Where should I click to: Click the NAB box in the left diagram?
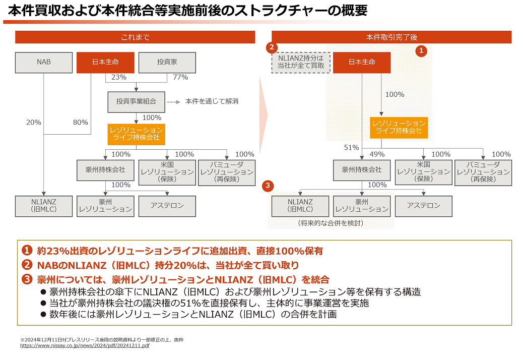(x=44, y=63)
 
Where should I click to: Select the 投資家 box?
(x=167, y=63)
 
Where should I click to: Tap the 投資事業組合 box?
(x=136, y=101)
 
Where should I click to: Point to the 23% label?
(x=118, y=77)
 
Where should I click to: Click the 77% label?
(x=180, y=77)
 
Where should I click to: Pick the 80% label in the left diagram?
(x=80, y=122)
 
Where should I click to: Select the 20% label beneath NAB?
(x=34, y=122)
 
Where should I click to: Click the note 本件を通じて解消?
(x=212, y=101)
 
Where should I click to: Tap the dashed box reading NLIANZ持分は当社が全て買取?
(x=301, y=63)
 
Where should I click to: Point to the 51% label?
(x=351, y=148)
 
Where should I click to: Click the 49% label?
(x=377, y=154)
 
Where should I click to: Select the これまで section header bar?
(x=135, y=37)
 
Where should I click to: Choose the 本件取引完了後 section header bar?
(x=391, y=37)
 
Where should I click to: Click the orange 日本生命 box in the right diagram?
(x=362, y=63)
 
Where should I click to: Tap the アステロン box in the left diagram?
(x=167, y=206)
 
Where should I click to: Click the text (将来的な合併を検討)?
(x=331, y=222)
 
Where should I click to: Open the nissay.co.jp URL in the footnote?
(x=85, y=346)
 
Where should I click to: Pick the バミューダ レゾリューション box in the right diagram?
(x=483, y=172)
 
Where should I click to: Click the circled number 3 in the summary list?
(x=27, y=279)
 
